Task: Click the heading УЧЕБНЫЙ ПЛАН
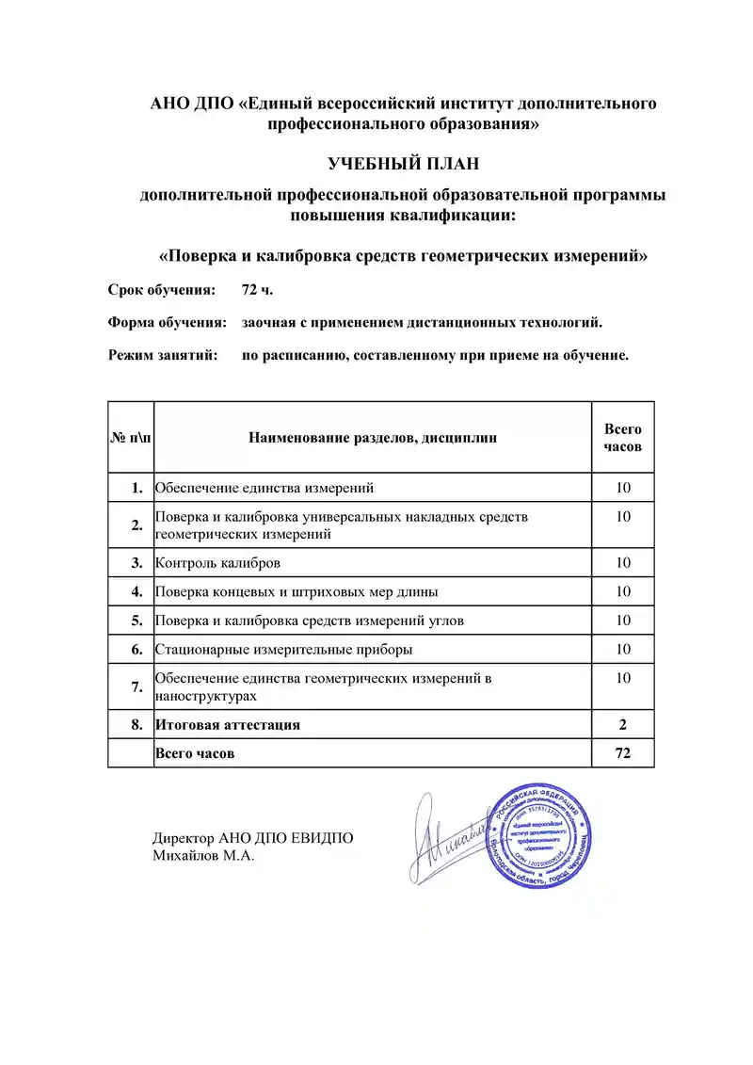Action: pos(403,165)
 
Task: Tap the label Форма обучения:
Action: pos(167,323)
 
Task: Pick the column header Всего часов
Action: pos(622,438)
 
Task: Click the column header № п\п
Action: pos(131,438)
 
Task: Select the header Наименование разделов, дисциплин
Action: pos(373,438)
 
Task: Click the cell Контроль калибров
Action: pos(217,563)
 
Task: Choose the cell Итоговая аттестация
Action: pos(228,724)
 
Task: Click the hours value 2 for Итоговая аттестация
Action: pos(622,724)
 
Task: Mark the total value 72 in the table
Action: pos(622,753)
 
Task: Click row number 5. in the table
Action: pos(137,621)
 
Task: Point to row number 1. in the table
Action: pos(137,488)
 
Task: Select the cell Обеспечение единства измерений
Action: pos(264,488)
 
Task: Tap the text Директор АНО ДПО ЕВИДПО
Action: pos(253,839)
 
